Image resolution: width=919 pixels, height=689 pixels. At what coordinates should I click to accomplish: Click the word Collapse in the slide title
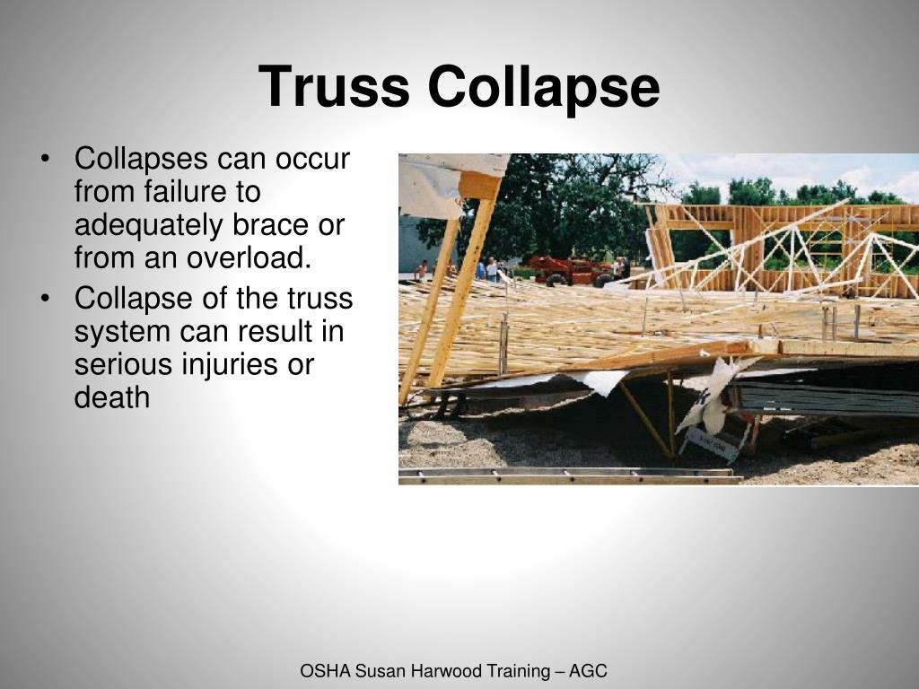(543, 87)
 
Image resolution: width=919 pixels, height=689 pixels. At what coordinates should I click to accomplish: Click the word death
(112, 397)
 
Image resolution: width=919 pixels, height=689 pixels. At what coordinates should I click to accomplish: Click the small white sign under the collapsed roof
(713, 442)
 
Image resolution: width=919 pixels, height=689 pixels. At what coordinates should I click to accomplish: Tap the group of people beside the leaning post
(489, 269)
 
